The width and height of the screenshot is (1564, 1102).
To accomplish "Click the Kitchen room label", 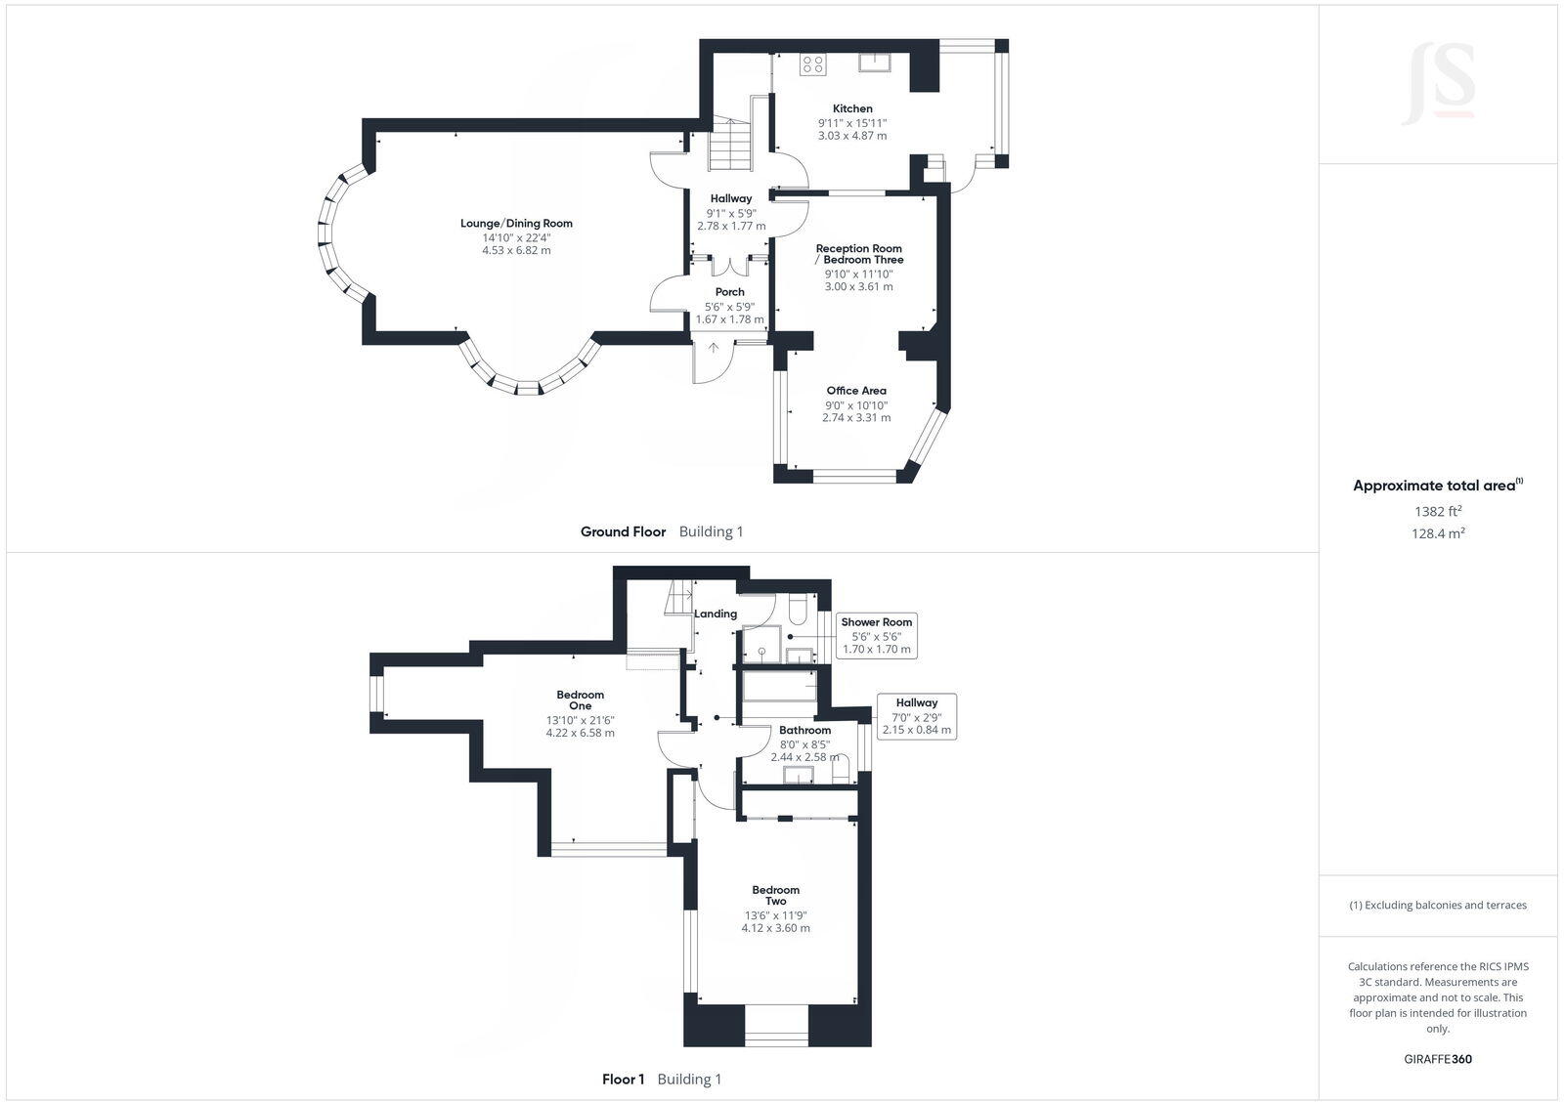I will (x=852, y=108).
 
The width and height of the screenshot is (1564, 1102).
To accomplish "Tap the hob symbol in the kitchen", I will (x=812, y=64).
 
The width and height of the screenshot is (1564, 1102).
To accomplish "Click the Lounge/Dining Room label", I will (x=516, y=224).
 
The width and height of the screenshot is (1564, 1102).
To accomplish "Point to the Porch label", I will (x=730, y=292).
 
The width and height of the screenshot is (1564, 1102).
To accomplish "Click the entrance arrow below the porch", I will (x=714, y=348).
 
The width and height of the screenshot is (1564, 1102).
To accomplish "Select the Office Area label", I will (x=856, y=391).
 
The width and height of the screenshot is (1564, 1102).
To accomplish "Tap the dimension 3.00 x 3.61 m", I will (x=858, y=287).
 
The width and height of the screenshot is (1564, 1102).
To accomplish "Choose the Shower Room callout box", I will (x=877, y=635).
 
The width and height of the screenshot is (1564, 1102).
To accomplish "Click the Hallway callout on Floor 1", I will (x=916, y=716).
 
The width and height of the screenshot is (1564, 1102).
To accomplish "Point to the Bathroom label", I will (x=804, y=731).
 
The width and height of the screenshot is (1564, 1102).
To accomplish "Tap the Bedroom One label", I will (x=581, y=700).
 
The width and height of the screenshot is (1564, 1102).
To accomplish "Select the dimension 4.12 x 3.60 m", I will (x=775, y=928).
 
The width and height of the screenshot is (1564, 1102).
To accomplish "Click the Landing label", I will (x=716, y=615).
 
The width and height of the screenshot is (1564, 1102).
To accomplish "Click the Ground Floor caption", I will (x=623, y=532).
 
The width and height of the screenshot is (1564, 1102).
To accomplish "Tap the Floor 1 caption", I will (x=623, y=1080).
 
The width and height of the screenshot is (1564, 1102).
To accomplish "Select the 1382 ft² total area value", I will (x=1438, y=511).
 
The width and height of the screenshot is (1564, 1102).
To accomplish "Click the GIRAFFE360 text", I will (x=1438, y=1059).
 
